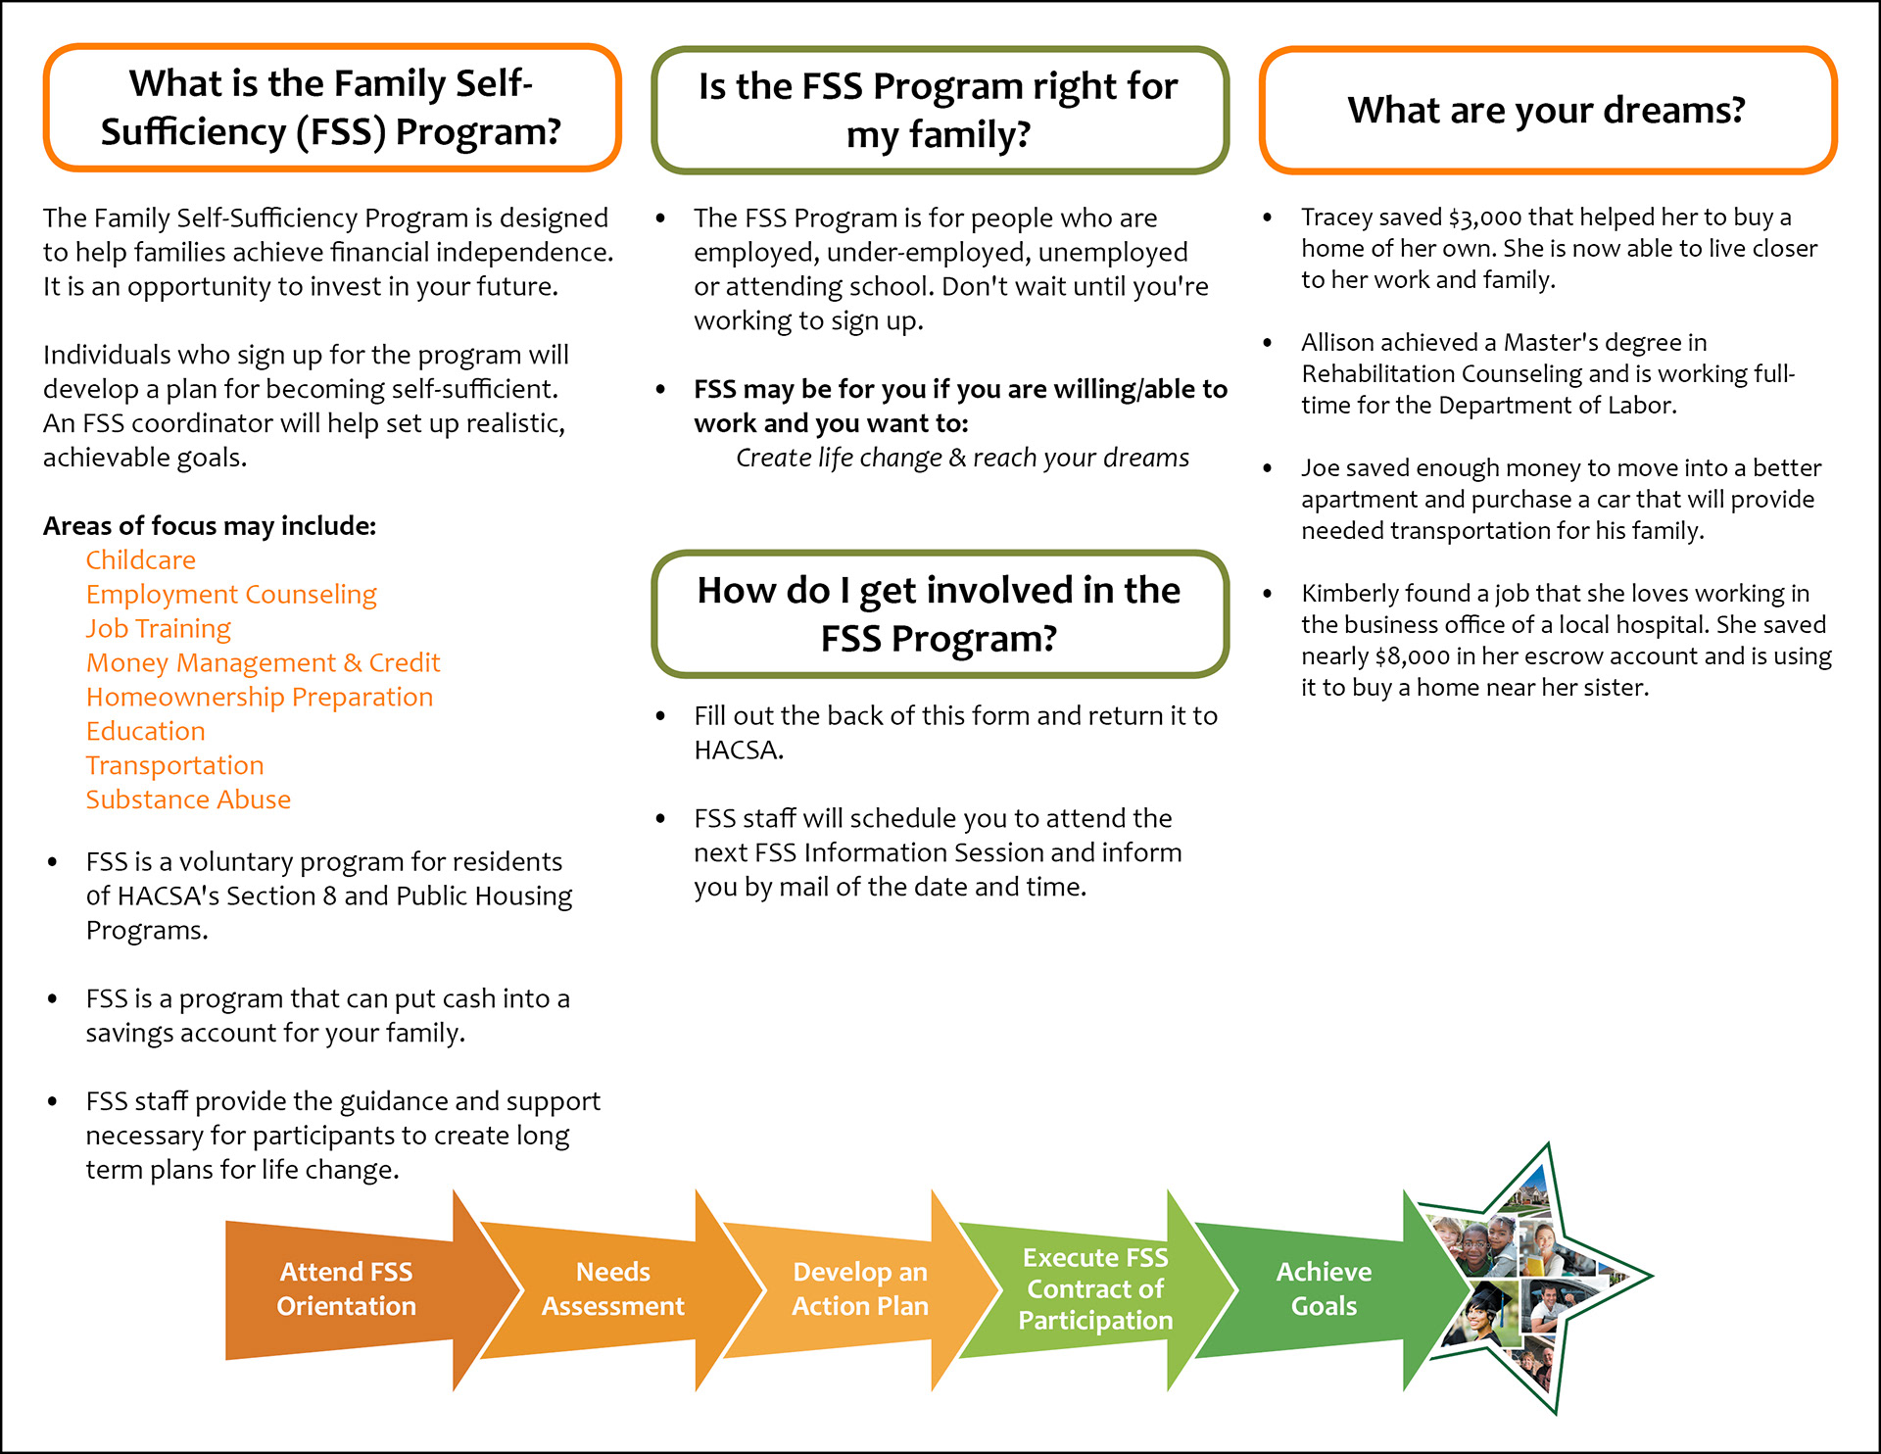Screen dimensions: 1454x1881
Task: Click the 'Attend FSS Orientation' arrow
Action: (x=347, y=1289)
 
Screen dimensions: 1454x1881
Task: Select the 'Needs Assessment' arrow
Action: (x=613, y=1289)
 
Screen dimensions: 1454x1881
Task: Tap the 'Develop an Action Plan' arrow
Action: (x=859, y=1289)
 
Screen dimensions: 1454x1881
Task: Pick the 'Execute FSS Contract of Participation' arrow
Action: (x=1095, y=1289)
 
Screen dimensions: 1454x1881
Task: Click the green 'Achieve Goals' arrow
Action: (x=1324, y=1289)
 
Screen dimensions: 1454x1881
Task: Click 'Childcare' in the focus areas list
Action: (x=141, y=560)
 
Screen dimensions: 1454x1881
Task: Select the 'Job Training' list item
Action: (x=159, y=629)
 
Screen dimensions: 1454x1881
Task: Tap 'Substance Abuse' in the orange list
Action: (x=188, y=800)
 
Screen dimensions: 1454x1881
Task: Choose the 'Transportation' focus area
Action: (x=175, y=766)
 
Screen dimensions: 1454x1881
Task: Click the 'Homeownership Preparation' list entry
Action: (x=260, y=698)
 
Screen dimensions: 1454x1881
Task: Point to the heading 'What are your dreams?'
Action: (x=1547, y=111)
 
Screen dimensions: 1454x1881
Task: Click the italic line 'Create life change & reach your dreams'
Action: (x=962, y=459)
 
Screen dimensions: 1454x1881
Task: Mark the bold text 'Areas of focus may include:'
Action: (x=210, y=526)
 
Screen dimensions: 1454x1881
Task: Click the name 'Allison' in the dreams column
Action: (x=1341, y=343)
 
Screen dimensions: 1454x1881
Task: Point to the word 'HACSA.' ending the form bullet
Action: (x=739, y=751)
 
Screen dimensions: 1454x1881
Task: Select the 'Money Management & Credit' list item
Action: (x=264, y=663)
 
